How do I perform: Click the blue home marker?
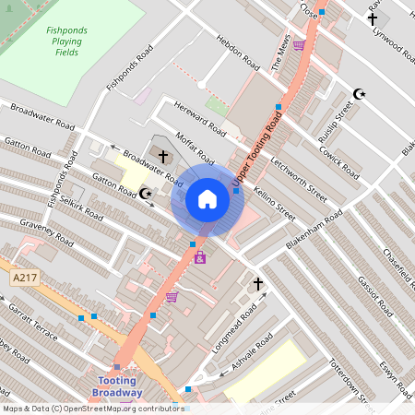coord(207,199)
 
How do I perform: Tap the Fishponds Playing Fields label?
coord(66,41)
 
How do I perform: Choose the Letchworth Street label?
coord(299,179)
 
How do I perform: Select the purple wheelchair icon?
coord(200,257)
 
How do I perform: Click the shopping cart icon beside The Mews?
coord(298,43)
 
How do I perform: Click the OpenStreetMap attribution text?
coord(92,409)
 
